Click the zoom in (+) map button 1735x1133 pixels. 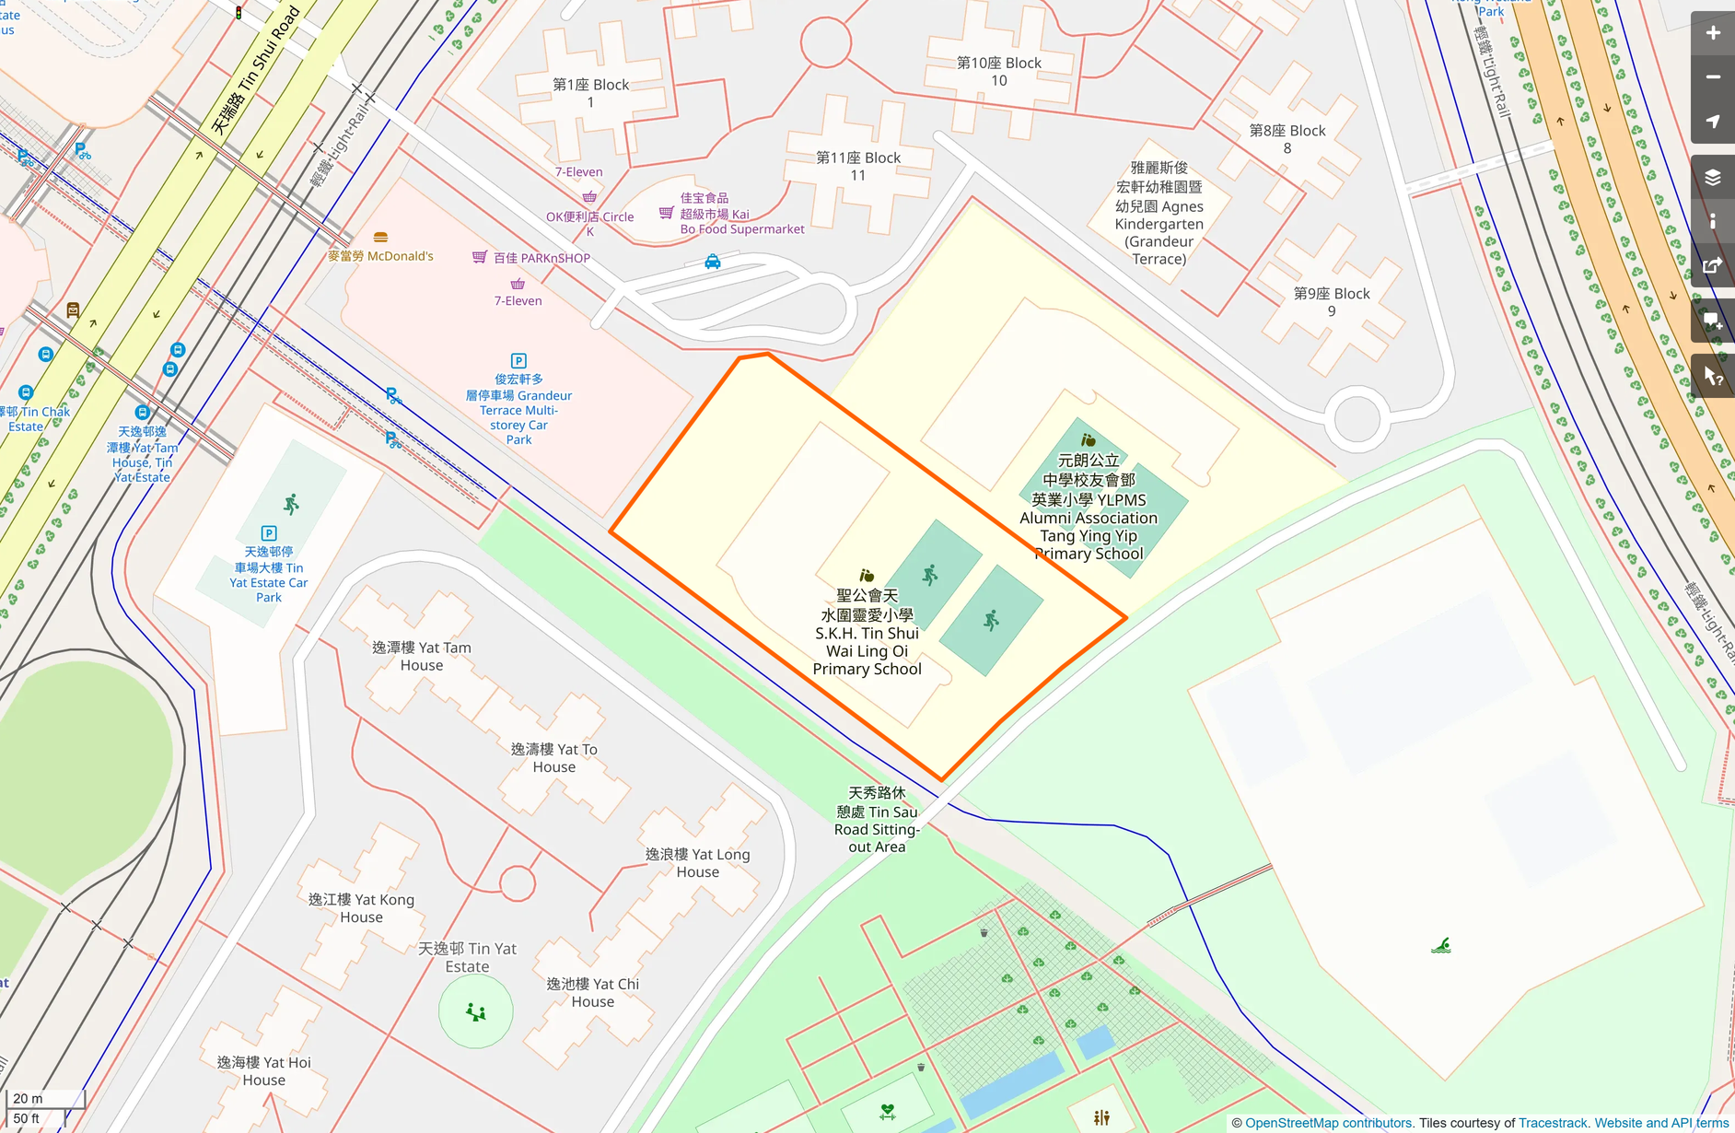click(x=1712, y=34)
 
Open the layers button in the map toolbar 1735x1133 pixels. click(x=1712, y=177)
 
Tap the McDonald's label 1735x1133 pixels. click(x=380, y=255)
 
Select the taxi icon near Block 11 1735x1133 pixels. click(x=713, y=262)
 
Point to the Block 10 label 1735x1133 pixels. click(x=999, y=72)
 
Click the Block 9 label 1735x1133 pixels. click(x=1332, y=302)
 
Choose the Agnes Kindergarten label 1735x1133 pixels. click(x=1159, y=214)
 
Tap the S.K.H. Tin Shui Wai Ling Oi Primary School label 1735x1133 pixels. click(x=867, y=632)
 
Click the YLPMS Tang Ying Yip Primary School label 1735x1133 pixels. click(x=1089, y=507)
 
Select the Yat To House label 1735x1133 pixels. click(x=554, y=758)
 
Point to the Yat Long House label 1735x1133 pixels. click(x=698, y=863)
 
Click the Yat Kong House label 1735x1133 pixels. click(x=361, y=908)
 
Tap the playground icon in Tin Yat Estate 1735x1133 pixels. click(x=476, y=1012)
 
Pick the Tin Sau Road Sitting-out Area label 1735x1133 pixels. click(x=877, y=820)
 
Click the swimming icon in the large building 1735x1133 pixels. click(x=1441, y=946)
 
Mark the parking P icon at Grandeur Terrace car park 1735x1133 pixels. click(x=518, y=361)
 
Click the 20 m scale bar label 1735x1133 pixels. click(x=29, y=1098)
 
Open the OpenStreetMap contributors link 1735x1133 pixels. click(x=1328, y=1123)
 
